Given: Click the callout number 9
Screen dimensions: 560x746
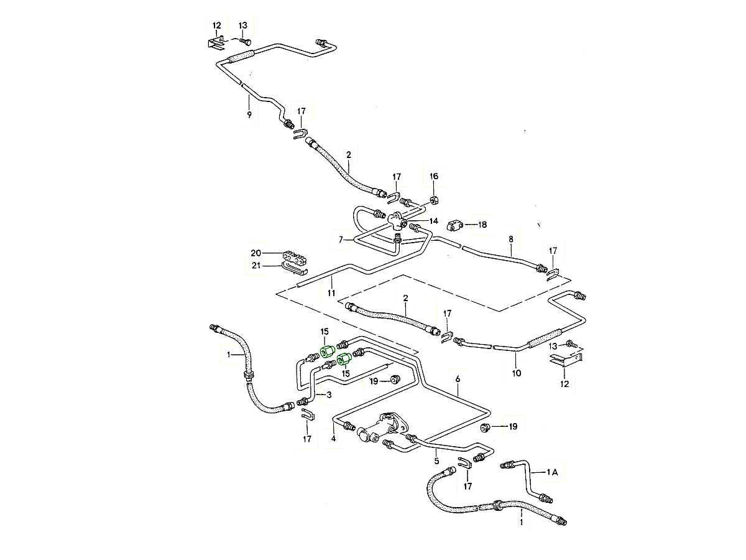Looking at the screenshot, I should (249, 115).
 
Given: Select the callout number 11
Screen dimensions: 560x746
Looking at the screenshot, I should (331, 293).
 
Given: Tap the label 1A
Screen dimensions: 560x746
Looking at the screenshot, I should (553, 473).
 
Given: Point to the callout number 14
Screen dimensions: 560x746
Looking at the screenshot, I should (433, 221).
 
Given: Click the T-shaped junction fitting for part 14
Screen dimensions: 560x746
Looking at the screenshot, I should (396, 220).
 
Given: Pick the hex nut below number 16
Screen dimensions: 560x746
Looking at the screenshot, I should (434, 201).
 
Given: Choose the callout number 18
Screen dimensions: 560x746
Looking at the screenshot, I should (482, 225).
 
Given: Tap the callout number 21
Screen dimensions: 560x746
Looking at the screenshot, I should (256, 266).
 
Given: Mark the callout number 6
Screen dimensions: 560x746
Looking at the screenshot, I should (458, 378).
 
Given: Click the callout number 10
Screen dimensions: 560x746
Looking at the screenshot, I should (517, 373).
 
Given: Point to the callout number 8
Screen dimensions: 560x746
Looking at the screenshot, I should (511, 238).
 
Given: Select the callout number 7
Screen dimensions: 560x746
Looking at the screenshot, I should (341, 239).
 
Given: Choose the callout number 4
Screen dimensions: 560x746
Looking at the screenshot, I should (333, 439).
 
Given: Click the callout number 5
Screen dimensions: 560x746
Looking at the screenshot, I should (436, 461).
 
